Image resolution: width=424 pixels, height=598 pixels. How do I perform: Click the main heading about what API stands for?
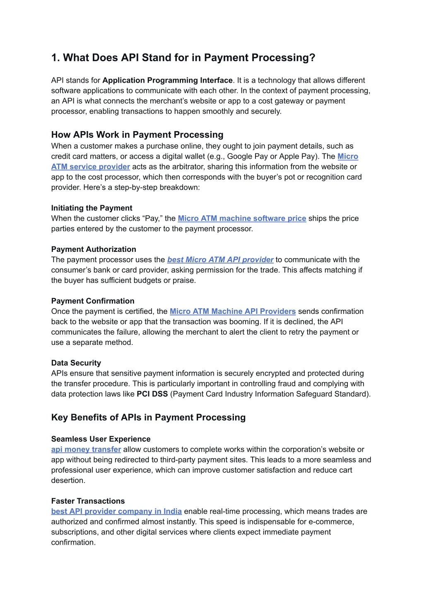tap(183, 58)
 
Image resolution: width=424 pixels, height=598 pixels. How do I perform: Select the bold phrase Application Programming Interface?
tap(167, 80)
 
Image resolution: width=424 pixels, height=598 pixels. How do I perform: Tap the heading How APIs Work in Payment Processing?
tap(137, 135)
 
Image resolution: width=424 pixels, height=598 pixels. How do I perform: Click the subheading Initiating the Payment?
tap(92, 208)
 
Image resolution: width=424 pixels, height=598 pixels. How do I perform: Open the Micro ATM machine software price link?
tap(242, 218)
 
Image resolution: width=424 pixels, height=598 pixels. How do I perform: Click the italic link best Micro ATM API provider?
tap(220, 260)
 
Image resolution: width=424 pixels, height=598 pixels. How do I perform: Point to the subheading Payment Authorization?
tap(94, 249)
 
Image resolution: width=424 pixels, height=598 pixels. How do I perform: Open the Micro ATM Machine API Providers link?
tap(233, 311)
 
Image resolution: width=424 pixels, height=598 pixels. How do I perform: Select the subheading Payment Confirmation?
tap(93, 301)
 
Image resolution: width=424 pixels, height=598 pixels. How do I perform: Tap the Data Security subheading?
tap(76, 363)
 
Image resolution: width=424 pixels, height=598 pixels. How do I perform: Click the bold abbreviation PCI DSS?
tap(152, 394)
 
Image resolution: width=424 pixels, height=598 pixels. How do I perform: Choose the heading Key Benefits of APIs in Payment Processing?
tap(148, 418)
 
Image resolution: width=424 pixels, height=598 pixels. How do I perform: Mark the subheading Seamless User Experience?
tap(101, 439)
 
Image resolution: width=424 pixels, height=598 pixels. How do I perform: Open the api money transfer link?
tap(86, 450)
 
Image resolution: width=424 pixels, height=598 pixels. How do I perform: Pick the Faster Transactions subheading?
tap(88, 501)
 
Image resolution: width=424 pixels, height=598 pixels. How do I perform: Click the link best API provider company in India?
tap(116, 512)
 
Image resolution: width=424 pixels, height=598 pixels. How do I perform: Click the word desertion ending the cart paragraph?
tap(68, 481)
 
